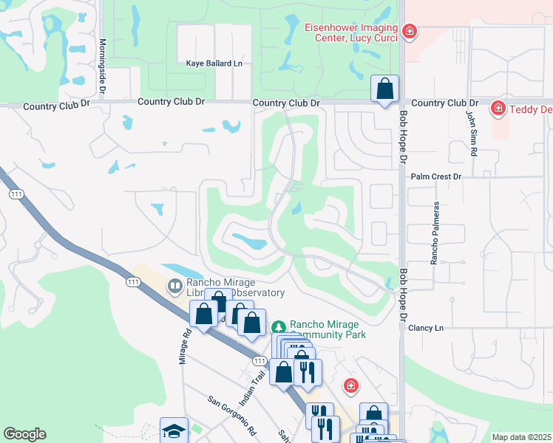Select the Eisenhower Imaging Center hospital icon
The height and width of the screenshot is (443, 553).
[x=409, y=31]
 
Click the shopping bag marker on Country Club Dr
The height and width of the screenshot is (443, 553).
[x=384, y=89]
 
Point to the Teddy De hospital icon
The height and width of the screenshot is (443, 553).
[x=498, y=109]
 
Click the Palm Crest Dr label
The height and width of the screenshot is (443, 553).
[x=435, y=176]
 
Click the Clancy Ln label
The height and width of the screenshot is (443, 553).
[x=425, y=327]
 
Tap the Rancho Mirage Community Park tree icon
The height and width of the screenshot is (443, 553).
[x=279, y=326]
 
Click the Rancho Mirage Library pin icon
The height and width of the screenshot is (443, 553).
[x=175, y=285]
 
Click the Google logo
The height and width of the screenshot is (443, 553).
[x=24, y=434]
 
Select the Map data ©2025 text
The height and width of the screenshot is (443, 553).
[x=521, y=437]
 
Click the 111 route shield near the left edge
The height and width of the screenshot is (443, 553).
[x=16, y=193]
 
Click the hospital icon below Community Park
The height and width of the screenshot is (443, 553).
[x=350, y=386]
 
